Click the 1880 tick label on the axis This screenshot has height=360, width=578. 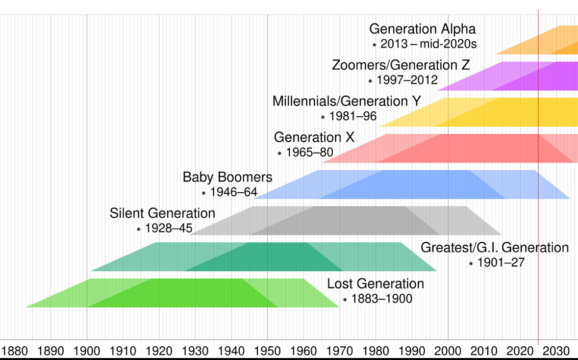[x=15, y=351]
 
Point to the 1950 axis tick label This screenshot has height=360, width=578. [x=267, y=351]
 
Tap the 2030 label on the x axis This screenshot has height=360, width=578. [x=556, y=351]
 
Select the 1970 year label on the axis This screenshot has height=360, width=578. [x=339, y=351]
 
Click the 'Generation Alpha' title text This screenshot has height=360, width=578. [x=422, y=29]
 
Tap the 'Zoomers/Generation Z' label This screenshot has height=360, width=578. [x=401, y=65]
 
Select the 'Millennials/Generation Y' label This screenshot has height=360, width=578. [x=347, y=102]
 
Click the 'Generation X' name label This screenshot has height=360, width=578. [x=314, y=137]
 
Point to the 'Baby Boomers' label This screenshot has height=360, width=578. [x=227, y=177]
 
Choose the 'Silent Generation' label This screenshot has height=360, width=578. [x=162, y=213]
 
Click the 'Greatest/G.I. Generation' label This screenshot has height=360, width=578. [x=495, y=248]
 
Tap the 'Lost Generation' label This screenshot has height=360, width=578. [x=376, y=283]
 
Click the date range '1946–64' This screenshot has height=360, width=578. [x=233, y=192]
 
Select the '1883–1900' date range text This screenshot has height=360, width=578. [x=381, y=299]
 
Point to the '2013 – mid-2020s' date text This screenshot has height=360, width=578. [x=428, y=44]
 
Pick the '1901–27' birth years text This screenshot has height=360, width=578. [x=501, y=263]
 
